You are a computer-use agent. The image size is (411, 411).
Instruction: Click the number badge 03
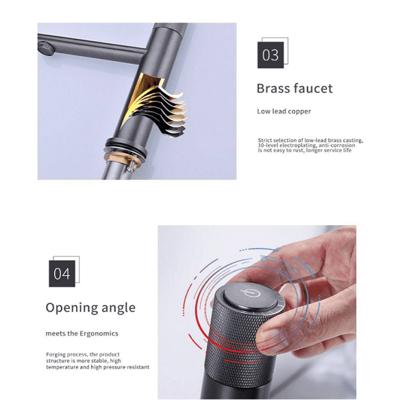pyautogui.click(x=271, y=55)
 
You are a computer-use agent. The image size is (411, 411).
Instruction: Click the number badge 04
pyautogui.click(x=62, y=273)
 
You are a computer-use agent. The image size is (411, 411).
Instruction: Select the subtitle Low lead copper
pyautogui.click(x=284, y=111)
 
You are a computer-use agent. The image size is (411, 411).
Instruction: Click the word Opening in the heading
pyautogui.click(x=71, y=308)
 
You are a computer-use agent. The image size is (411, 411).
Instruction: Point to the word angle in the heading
pyautogui.click(x=117, y=308)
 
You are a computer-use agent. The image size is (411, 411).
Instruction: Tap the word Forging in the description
pyautogui.click(x=57, y=354)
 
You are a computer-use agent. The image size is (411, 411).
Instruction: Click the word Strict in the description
pyautogui.click(x=266, y=140)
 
